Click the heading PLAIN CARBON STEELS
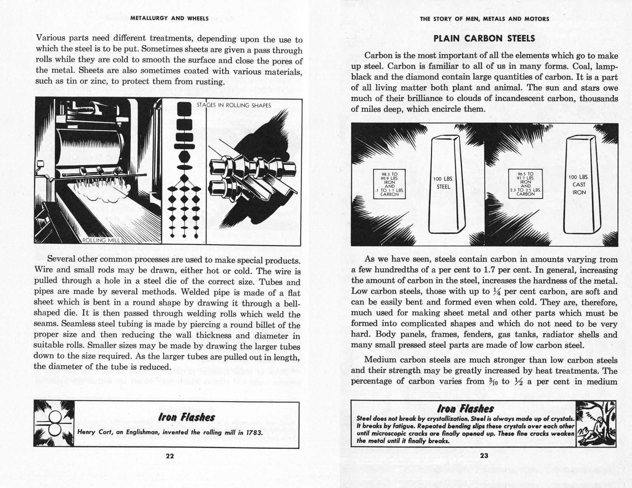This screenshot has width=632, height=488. click(484, 38)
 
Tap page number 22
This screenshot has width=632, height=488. click(170, 456)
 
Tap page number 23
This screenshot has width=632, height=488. click(484, 456)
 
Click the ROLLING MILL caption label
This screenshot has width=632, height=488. click(99, 240)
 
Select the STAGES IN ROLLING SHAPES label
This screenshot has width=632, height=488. click(234, 105)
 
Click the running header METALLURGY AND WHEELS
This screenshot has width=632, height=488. click(170, 18)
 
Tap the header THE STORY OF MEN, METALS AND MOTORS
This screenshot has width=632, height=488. click(484, 19)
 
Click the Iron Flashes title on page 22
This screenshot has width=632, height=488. click(186, 417)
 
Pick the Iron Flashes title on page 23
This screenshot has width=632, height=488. click(465, 408)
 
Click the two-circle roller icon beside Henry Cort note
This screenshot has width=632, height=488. click(54, 424)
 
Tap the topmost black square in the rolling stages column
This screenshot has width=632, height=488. click(184, 108)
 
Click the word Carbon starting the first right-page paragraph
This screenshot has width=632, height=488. click(378, 56)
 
